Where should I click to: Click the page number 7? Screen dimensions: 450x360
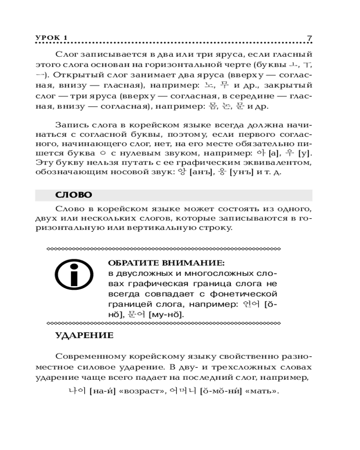click(309, 38)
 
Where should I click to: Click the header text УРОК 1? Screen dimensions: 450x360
click(51, 38)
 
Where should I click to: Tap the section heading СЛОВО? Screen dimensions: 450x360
click(73, 195)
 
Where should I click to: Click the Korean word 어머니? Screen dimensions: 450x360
click(184, 391)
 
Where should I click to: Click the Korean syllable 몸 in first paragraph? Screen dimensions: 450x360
click(211, 107)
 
